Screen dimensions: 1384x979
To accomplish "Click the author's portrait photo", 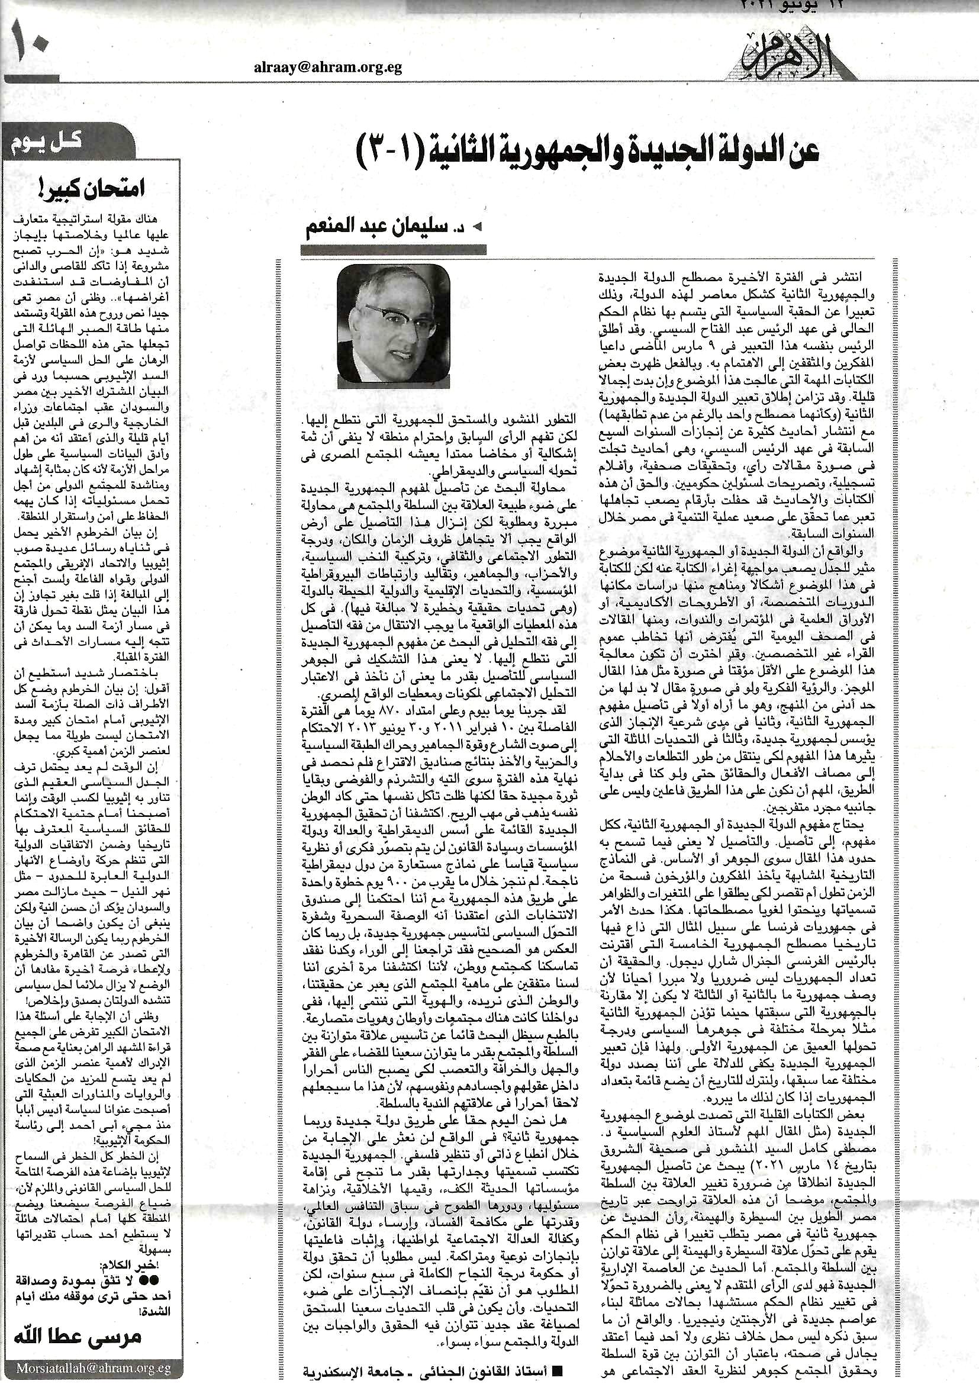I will pyautogui.click(x=393, y=326).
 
